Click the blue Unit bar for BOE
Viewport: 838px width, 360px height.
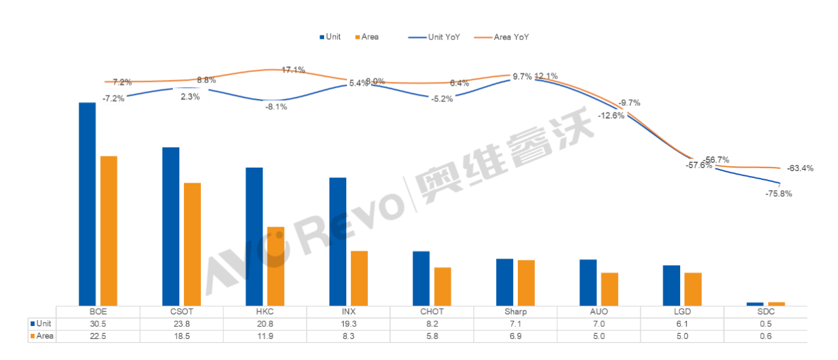[87, 204]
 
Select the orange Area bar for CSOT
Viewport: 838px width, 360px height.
[192, 243]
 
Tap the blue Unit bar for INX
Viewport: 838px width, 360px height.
[338, 241]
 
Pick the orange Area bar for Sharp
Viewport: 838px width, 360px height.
[526, 282]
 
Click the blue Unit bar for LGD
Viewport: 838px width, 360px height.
[671, 285]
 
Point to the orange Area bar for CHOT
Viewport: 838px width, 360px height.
[443, 286]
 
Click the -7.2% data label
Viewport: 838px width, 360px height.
[113, 98]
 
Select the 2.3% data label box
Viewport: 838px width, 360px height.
[190, 97]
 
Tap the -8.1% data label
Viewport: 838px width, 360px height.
[276, 107]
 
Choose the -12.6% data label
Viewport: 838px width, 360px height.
[611, 115]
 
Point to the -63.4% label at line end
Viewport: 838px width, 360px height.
[800, 168]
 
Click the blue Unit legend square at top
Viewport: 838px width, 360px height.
[321, 37]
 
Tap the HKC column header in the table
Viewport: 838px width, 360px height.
[265, 312]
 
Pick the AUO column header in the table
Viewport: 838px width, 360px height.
[599, 312]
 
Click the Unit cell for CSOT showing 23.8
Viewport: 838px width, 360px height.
[181, 324]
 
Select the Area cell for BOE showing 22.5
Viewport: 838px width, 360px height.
[98, 336]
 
